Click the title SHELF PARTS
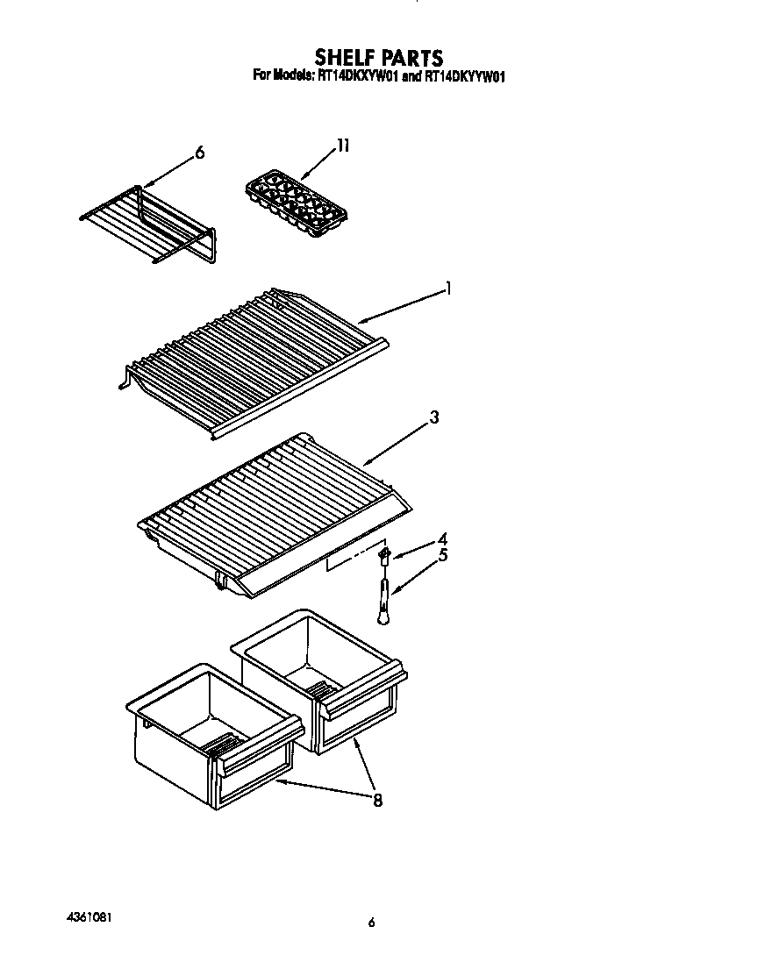coord(379,59)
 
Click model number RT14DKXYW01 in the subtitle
coord(359,76)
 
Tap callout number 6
coord(199,153)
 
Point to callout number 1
coord(448,288)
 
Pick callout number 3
coord(434,418)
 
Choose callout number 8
coord(377,800)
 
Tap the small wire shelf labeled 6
coord(149,224)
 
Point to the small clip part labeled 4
coord(383,553)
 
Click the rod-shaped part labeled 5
coord(383,596)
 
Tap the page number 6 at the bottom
coord(372,922)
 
